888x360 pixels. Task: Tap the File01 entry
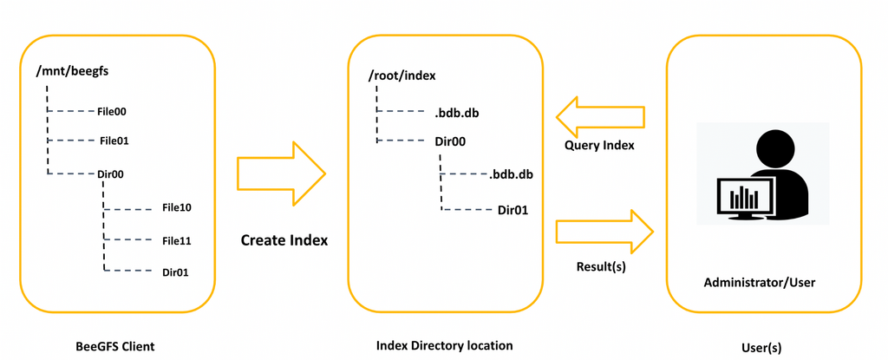tap(114, 140)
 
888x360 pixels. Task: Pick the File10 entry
tap(176, 207)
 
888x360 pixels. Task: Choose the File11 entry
tap(176, 239)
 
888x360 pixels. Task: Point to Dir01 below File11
tap(176, 272)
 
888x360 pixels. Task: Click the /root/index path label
tap(401, 75)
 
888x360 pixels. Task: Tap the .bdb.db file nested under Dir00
tap(511, 174)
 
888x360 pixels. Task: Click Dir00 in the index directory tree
tap(451, 141)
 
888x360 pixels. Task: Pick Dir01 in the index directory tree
tap(513, 209)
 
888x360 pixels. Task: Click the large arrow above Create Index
tap(280, 174)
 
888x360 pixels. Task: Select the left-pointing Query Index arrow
tap(600, 115)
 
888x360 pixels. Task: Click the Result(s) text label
tap(601, 266)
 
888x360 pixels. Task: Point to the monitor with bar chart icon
tap(745, 199)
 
